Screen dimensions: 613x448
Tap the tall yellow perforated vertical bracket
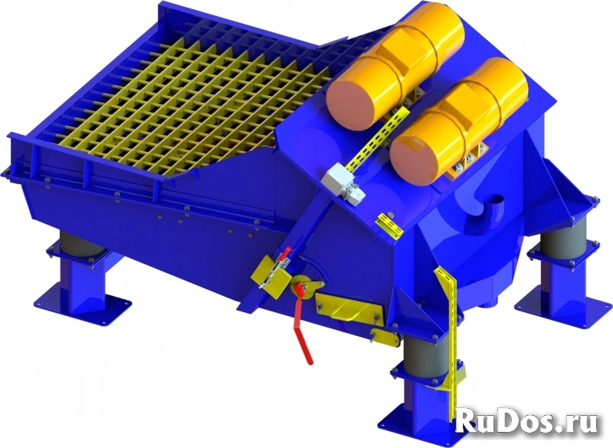tap(449, 344)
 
